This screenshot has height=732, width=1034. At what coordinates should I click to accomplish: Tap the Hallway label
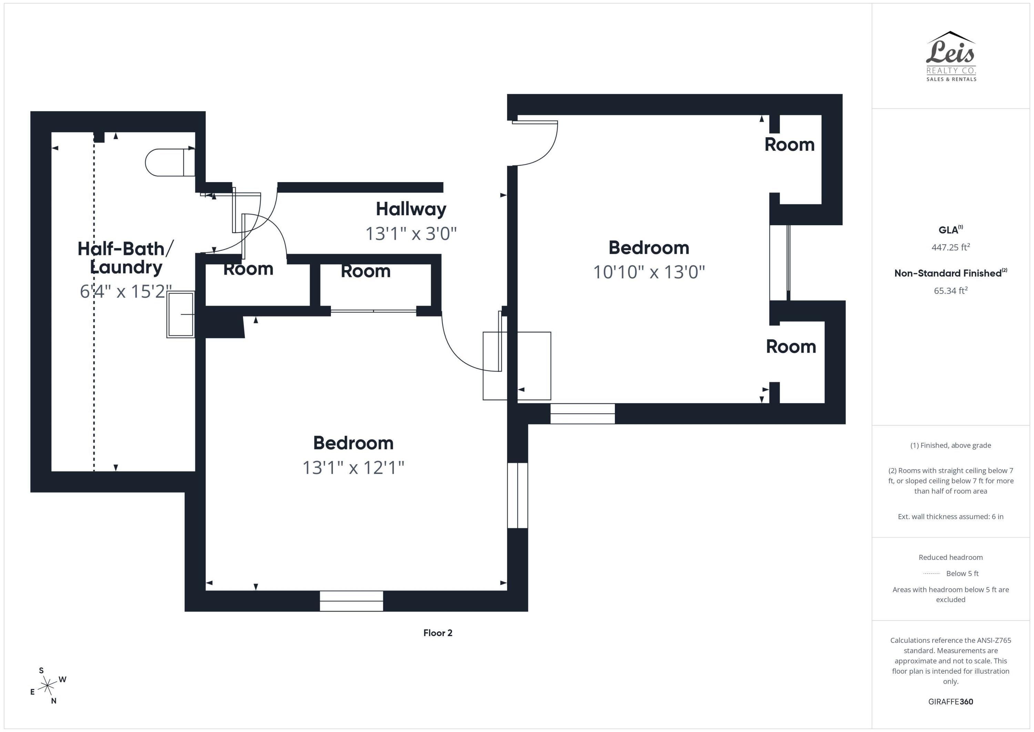[x=411, y=209]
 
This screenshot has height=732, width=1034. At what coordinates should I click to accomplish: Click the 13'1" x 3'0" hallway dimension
[x=411, y=234]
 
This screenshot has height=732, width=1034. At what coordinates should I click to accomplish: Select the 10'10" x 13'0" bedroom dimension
[x=649, y=272]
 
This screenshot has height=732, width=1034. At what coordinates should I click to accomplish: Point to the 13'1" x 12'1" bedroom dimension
[x=353, y=467]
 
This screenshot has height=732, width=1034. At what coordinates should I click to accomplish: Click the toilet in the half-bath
[x=169, y=162]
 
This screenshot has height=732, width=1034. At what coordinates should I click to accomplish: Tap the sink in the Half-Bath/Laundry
[x=181, y=314]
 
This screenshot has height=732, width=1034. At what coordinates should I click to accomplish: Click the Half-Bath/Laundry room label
[x=125, y=258]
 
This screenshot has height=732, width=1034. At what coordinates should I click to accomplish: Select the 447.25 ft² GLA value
[x=950, y=247]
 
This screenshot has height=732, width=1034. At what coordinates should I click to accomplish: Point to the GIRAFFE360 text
[x=950, y=702]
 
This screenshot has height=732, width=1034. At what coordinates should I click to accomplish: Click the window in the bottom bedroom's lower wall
[x=351, y=601]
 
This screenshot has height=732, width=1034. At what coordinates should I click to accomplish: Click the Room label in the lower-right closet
[x=791, y=347]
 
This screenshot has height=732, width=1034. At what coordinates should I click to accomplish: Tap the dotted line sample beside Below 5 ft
[x=931, y=574]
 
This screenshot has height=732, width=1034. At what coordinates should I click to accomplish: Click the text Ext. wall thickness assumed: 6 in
[x=950, y=516]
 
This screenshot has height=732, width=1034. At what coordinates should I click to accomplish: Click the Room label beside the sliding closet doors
[x=365, y=271]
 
